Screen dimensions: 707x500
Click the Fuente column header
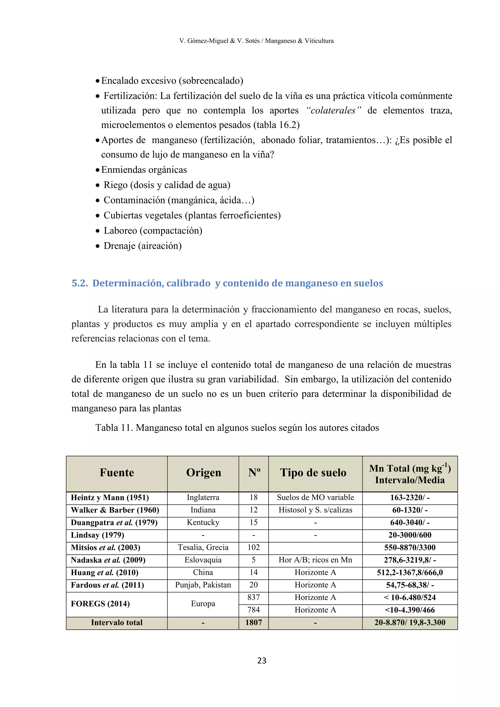pos(117,472)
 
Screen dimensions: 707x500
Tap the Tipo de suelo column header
pos(313,472)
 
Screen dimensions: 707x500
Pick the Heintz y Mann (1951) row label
pos(110,498)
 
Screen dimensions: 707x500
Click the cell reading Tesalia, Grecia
pos(203,548)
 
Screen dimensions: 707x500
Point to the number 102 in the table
pos(253,548)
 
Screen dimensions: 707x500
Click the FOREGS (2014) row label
pos(100,603)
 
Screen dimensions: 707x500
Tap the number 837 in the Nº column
pos(253,597)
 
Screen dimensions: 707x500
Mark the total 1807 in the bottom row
pos(253,622)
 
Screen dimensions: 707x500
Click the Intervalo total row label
pos(117,622)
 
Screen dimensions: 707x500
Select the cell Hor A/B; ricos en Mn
pos(315,560)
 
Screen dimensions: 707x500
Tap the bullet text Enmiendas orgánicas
pos(144,170)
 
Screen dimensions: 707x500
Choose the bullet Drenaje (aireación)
pos(142,246)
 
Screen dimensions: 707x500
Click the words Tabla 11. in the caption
pos(114,428)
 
